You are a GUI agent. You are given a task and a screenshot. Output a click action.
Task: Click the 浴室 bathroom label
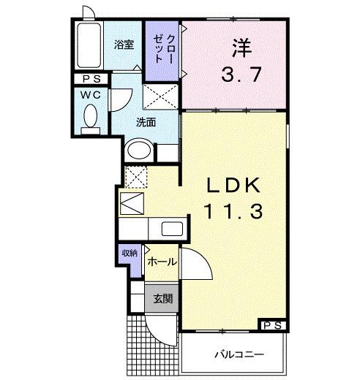pyautogui.click(x=124, y=45)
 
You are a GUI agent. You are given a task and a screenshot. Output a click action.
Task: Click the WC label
pyautogui.click(x=90, y=96)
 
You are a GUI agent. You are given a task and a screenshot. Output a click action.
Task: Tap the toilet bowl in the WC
pyautogui.click(x=91, y=117)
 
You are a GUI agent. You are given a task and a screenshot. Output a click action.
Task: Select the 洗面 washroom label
pyautogui.click(x=146, y=122)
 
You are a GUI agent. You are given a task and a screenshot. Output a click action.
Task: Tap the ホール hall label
pyautogui.click(x=161, y=261)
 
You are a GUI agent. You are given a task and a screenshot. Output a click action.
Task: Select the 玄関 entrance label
pyautogui.click(x=163, y=298)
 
